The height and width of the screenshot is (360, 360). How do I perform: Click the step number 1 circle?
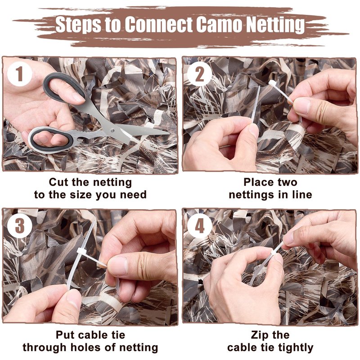19,74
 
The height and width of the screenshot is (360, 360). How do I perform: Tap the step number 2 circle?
199,74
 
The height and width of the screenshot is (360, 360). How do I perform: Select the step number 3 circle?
19,226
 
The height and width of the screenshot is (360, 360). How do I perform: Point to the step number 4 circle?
199,226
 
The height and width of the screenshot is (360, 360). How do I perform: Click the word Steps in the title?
78,25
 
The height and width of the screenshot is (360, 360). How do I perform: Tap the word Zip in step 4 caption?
258,335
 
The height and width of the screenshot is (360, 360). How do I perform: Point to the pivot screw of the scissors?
112,130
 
